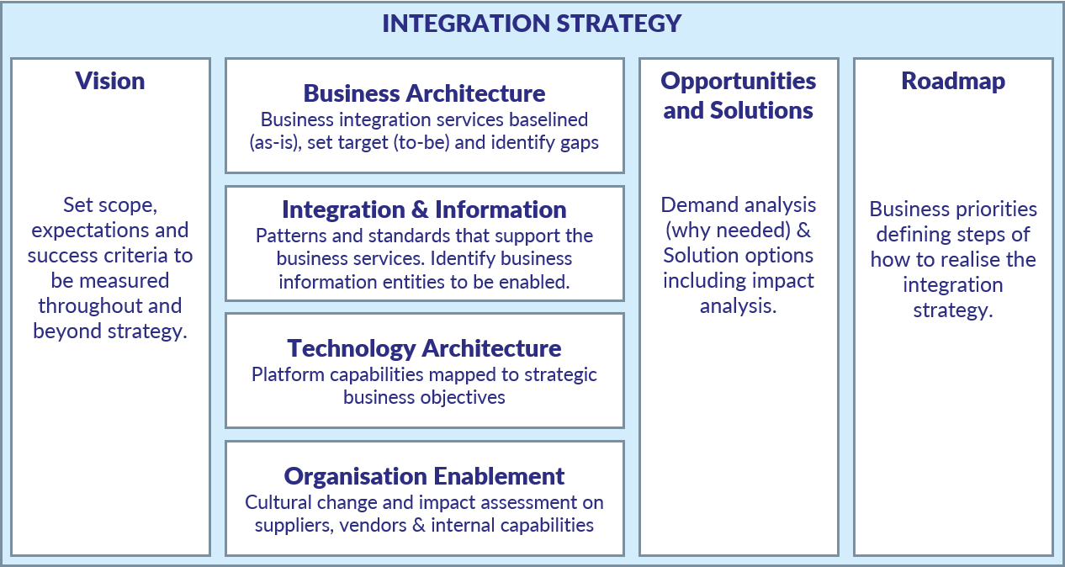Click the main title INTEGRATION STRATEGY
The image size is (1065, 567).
click(x=532, y=24)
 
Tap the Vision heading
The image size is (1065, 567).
click(x=110, y=81)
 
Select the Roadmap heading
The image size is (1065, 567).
click(x=953, y=81)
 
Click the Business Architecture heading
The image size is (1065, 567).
click(x=424, y=93)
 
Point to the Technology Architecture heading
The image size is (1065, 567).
click(x=424, y=348)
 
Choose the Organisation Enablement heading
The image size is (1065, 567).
click(x=424, y=476)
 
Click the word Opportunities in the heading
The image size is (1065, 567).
click(x=739, y=82)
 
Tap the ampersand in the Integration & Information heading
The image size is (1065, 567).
click(x=419, y=209)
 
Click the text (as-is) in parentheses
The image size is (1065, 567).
click(x=275, y=142)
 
